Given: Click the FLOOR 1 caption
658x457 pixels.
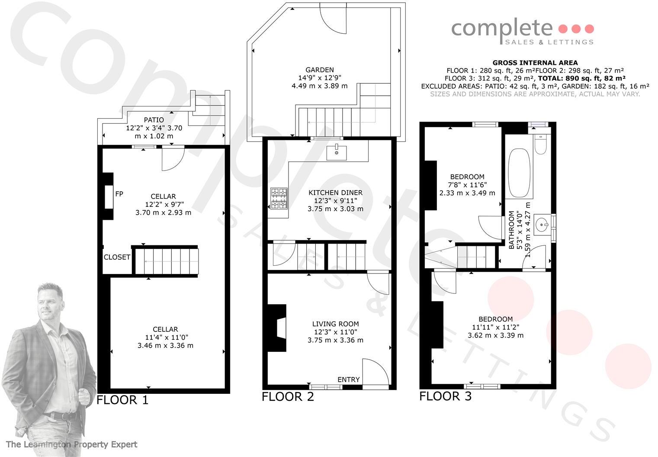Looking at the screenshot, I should [x=122, y=400].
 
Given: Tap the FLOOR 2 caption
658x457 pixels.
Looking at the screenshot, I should [x=288, y=396].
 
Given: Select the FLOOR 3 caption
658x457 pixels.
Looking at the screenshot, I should [x=445, y=396].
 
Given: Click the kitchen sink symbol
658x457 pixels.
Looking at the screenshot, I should [x=336, y=152].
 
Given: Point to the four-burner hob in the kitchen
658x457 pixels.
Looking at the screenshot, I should [x=279, y=198].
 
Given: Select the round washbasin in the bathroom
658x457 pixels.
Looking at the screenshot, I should [x=541, y=225].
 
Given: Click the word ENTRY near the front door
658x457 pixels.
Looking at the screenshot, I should [x=348, y=380].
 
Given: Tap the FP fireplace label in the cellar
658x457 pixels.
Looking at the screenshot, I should [x=119, y=194].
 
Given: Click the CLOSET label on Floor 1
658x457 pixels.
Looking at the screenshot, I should [x=117, y=257].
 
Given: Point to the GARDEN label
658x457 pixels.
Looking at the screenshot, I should [x=319, y=70].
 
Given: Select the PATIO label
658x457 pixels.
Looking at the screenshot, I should [x=154, y=120].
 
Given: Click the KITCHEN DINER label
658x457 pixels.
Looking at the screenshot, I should [x=335, y=193].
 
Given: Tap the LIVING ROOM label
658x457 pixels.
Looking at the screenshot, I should [x=335, y=324].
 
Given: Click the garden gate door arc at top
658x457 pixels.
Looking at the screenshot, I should [x=334, y=19].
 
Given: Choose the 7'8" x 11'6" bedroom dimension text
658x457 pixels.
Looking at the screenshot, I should [x=467, y=185].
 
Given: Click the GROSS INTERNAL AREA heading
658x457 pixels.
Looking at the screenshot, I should [x=535, y=63].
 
